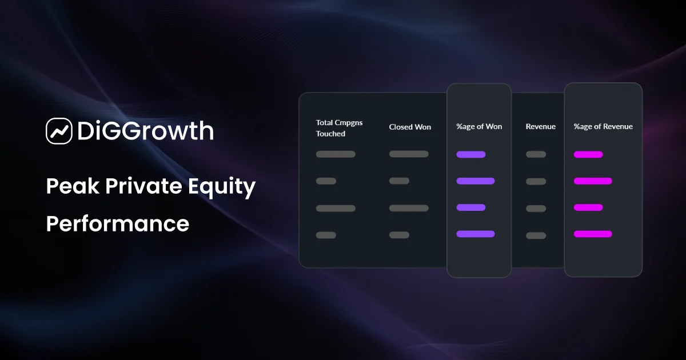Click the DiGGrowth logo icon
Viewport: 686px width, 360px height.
tap(59, 131)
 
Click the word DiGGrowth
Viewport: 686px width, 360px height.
tap(145, 131)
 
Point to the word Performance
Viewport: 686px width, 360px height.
tap(117, 223)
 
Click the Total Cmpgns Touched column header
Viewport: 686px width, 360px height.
tap(339, 128)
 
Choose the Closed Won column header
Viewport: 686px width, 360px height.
tap(410, 127)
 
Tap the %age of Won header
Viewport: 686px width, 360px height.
tap(479, 126)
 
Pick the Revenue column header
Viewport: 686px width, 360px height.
tap(540, 126)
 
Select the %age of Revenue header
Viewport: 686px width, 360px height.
tap(603, 126)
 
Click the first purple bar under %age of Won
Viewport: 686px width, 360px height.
tap(471, 154)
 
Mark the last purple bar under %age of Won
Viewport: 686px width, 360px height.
tap(476, 234)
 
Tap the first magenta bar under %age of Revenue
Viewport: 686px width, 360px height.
tap(588, 154)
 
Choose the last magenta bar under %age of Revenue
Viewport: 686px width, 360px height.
tap(593, 234)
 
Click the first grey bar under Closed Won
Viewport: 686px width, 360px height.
tap(409, 154)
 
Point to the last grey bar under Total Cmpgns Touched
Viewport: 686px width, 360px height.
tap(326, 235)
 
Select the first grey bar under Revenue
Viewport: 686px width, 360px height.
tap(536, 154)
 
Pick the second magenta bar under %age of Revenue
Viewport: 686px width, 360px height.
tap(593, 181)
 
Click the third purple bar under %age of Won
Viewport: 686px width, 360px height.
tap(471, 207)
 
